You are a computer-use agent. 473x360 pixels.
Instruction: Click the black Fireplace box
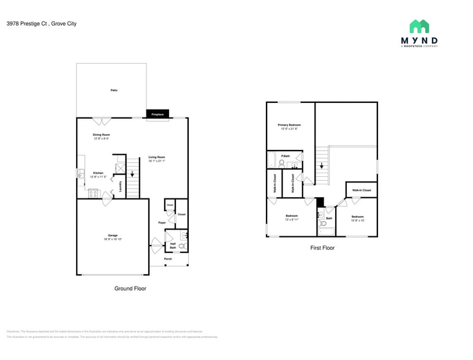157,114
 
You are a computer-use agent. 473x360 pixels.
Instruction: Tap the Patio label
114,91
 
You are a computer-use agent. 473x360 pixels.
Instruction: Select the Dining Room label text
101,135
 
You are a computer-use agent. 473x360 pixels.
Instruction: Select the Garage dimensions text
113,239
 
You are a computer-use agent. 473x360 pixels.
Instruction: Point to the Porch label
168,259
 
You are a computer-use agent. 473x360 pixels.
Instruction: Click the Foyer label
162,222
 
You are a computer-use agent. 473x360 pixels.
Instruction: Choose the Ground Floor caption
131,288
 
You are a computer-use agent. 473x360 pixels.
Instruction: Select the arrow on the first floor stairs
320,166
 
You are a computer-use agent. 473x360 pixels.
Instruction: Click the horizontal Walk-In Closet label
361,190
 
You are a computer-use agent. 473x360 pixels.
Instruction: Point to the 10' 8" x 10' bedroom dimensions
357,220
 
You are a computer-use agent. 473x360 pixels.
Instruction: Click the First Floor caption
322,248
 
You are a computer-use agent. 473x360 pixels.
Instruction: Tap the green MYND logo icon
419,26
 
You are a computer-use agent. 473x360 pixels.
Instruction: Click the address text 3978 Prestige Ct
25,24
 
